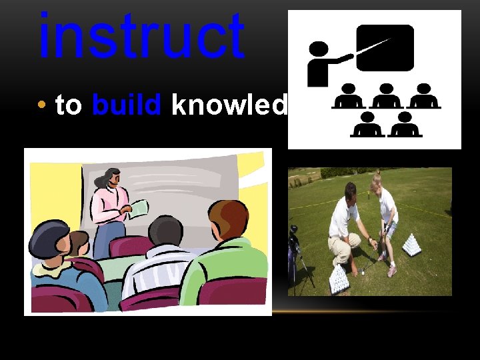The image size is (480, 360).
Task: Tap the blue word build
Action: click(127, 105)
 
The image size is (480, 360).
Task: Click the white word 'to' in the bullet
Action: click(69, 105)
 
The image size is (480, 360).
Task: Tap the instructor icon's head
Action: click(319, 49)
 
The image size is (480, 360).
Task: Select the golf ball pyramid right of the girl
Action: click(411, 245)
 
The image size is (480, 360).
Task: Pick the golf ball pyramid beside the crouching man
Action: click(339, 279)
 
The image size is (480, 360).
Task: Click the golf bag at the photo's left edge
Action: click(294, 250)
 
